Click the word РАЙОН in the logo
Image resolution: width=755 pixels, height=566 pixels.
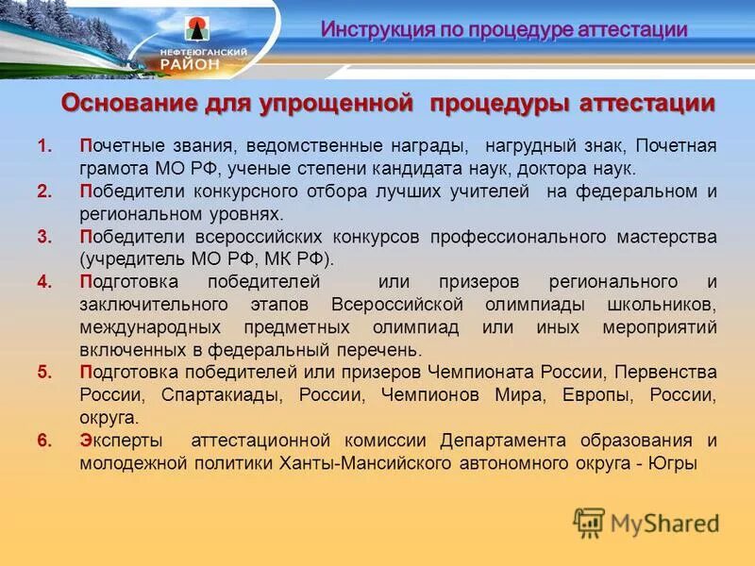click(x=193, y=63)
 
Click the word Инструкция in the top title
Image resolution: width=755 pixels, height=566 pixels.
click(x=371, y=29)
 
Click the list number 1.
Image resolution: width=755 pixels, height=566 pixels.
click(x=43, y=147)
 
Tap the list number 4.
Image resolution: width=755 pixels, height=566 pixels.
click(x=43, y=282)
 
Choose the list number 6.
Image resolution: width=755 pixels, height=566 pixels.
click(x=43, y=441)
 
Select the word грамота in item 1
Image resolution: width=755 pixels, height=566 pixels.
click(x=113, y=169)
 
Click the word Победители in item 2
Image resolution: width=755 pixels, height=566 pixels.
click(x=124, y=192)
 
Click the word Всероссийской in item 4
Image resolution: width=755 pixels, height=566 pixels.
click(x=397, y=305)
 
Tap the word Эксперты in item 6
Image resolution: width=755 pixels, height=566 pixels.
click(x=120, y=441)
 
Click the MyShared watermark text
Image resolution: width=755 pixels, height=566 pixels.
click(x=664, y=524)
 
